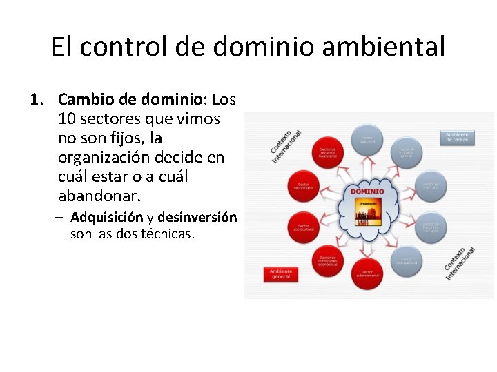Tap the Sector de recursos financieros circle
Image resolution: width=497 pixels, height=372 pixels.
pyautogui.click(x=327, y=152)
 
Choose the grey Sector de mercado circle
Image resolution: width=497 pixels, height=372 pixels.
pyautogui.click(x=431, y=185)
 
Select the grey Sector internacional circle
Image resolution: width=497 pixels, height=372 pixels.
pyautogui.click(x=407, y=260)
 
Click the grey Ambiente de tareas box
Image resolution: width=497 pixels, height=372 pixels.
pyautogui.click(x=457, y=137)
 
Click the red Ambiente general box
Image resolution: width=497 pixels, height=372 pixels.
pyautogui.click(x=281, y=273)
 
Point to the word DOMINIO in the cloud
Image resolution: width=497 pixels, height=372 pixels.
pyautogui.click(x=367, y=191)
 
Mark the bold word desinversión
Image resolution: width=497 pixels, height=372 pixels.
pyautogui.click(x=197, y=218)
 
